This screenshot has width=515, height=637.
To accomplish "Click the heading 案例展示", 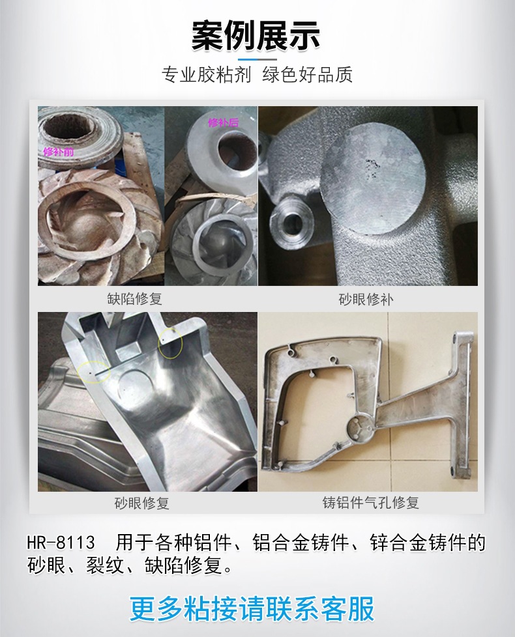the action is point(256,36).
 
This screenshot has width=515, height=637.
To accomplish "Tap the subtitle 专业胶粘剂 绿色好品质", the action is point(257,75).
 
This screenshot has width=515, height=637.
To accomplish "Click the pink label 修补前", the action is point(59,152).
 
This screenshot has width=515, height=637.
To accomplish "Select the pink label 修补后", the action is point(223,122).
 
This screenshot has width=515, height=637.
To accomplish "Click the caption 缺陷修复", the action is point(135,299).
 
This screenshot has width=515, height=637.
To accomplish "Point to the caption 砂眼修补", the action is point(366,300).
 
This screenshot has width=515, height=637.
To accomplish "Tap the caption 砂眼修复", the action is point(141,503).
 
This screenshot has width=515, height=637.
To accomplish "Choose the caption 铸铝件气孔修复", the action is point(371,503).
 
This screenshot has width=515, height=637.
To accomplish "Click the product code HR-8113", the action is point(61,543).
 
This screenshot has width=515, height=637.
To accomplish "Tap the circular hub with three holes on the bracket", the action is point(360,431).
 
